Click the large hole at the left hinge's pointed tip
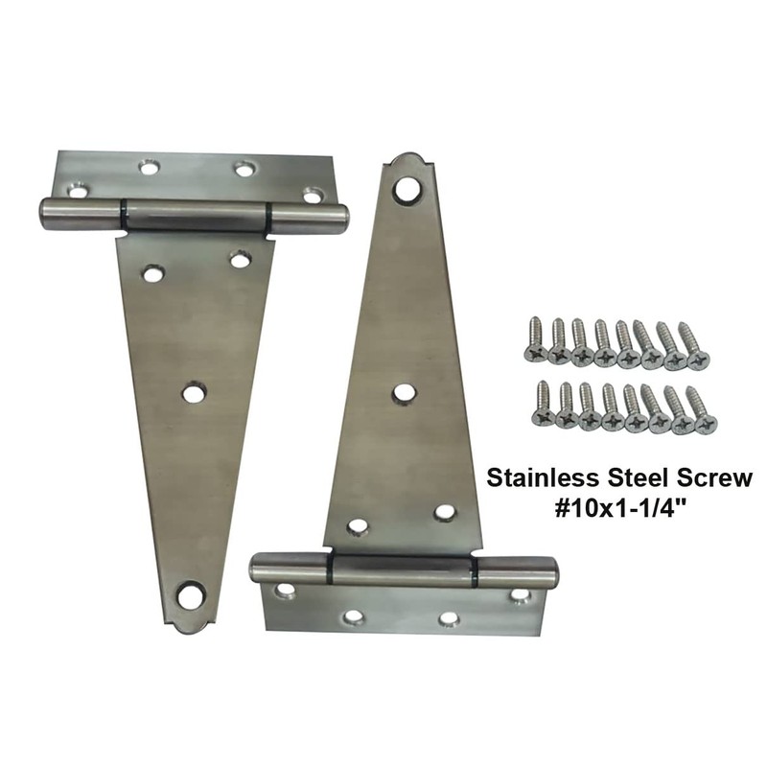tap(192, 596)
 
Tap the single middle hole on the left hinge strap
tap(195, 392)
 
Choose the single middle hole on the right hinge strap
tap(405, 392)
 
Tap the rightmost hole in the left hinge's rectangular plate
tap(313, 195)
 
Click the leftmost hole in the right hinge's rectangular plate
tap(285, 592)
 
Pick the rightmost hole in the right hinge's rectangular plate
tap(519, 595)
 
